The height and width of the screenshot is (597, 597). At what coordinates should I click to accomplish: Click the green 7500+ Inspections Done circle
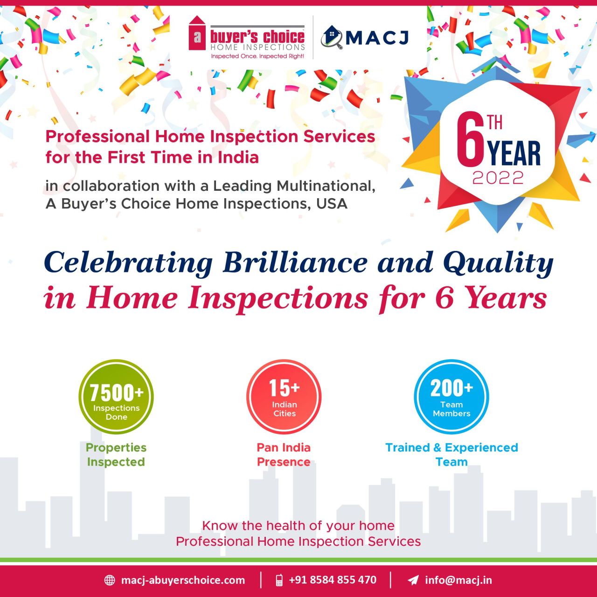pos(116,396)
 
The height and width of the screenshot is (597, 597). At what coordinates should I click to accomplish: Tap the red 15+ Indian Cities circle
pos(284,396)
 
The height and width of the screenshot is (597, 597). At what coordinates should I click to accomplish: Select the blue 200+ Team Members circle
pos(451,396)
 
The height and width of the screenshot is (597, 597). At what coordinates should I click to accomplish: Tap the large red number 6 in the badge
pos(471,140)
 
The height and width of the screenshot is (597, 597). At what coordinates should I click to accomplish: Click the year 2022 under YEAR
pos(498,178)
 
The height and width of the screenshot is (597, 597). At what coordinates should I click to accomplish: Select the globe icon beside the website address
pos(109,580)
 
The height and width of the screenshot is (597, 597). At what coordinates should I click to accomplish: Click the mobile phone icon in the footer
pos(279,580)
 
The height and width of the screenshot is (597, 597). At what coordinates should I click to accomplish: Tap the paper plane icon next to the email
pos(413,580)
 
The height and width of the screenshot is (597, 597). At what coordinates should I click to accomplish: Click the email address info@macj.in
pos(458,580)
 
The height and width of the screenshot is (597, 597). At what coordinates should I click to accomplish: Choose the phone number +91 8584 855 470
pos(333,580)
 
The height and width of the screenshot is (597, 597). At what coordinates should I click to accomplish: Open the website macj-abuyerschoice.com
pos(183,580)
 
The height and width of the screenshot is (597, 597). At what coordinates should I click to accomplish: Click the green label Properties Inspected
pos(116,454)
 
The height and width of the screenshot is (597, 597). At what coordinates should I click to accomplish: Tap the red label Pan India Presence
pos(284,454)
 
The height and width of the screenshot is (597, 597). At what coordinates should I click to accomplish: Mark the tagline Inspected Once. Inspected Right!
pos(257,56)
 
